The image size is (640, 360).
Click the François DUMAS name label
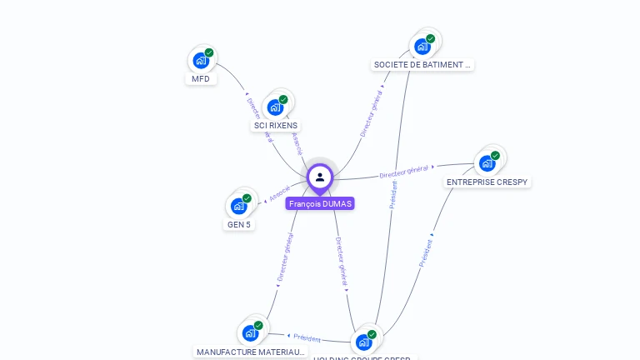[x=320, y=203]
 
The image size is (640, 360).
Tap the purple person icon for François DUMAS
[x=320, y=177]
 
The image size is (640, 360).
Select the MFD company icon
[x=201, y=60]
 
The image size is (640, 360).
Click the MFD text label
[x=201, y=79]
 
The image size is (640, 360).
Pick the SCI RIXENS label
[x=276, y=126]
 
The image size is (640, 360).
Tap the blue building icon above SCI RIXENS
[x=276, y=107]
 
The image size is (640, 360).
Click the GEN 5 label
[x=239, y=224]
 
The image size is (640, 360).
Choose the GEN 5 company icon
[x=239, y=205]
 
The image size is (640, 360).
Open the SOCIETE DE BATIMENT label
[x=422, y=64]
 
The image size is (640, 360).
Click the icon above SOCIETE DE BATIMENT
[x=422, y=46]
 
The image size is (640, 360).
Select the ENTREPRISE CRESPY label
[x=487, y=182]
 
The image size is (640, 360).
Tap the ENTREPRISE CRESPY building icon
[x=487, y=162]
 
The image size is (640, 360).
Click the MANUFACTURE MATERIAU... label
[x=251, y=352]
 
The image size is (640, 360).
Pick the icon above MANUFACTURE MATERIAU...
[x=251, y=332]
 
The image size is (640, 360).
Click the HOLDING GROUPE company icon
[x=364, y=342]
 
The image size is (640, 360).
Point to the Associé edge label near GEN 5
[x=279, y=193]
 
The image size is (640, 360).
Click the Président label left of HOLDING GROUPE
[x=307, y=338]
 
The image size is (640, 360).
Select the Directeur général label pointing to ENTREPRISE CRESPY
[x=403, y=172]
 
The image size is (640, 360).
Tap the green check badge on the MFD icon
[x=209, y=52]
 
